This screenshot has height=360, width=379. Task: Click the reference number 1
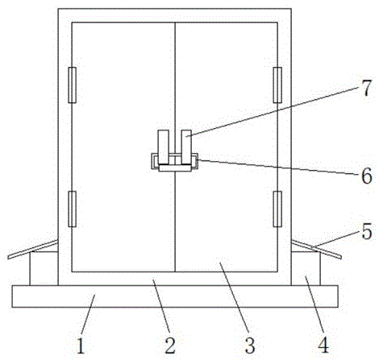81,346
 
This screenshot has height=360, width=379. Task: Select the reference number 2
170,346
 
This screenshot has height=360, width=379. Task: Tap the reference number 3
250,346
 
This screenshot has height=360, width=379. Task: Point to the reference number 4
323,346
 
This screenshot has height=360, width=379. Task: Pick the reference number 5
367,231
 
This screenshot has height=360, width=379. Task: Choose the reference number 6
367,176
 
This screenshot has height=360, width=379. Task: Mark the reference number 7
366,88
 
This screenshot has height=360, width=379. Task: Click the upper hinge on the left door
72,85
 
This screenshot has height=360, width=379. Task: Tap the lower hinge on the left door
72,209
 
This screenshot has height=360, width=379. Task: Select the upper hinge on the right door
277,85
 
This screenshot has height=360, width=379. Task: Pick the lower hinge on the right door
277,209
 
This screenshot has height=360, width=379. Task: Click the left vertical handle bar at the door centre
163,147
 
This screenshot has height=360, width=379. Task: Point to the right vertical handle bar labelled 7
186,147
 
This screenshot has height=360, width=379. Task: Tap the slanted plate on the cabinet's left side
33,250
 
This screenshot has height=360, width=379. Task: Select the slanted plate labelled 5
317,250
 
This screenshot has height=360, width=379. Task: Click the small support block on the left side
44,268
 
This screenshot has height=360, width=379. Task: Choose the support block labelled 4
306,268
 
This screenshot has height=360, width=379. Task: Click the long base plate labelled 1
175,296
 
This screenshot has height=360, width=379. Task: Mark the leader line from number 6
278,167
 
